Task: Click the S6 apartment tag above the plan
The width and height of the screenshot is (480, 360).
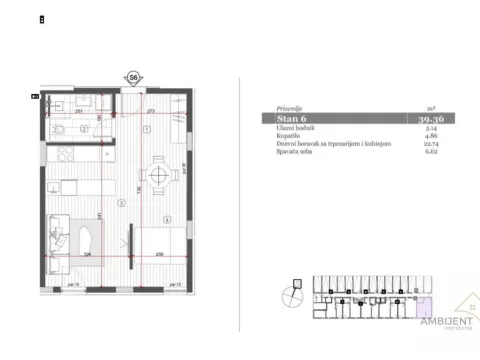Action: point(133,76)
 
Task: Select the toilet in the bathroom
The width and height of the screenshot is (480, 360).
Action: point(60,128)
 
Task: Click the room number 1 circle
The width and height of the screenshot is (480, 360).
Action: point(145,129)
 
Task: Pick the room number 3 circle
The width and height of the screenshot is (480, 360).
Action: point(120,202)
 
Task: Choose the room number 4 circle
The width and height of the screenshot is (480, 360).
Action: point(167,220)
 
